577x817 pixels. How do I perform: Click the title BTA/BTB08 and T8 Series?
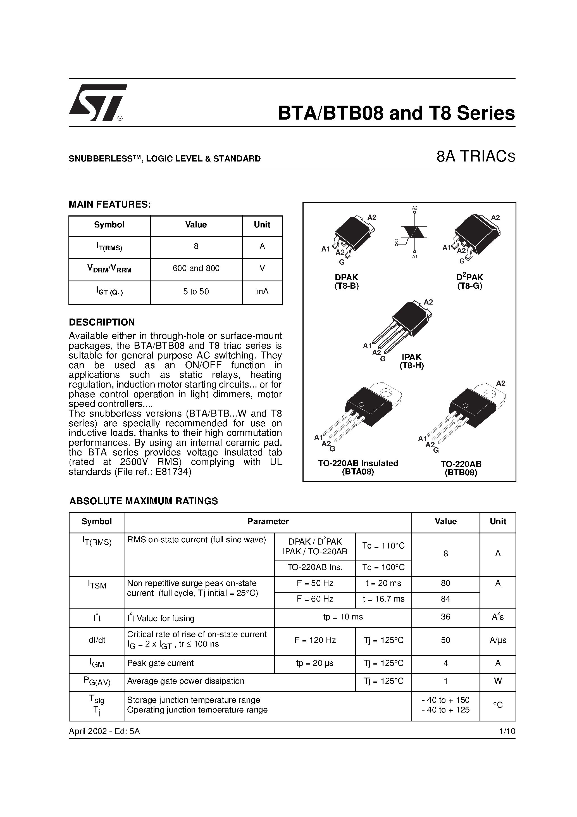click(x=396, y=113)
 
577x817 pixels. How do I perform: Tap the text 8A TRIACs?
click(x=475, y=157)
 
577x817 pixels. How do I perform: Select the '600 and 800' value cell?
click(x=196, y=269)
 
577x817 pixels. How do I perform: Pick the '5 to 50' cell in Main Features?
click(x=196, y=292)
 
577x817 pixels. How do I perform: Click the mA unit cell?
click(x=262, y=292)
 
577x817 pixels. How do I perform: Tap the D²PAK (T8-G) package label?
click(x=469, y=281)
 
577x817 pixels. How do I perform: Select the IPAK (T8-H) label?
click(x=412, y=361)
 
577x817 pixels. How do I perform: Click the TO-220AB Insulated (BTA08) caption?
click(x=358, y=467)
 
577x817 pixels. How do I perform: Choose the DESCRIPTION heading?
click(x=102, y=322)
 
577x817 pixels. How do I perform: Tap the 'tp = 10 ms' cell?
click(x=343, y=617)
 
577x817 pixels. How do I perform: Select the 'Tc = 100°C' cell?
click(x=383, y=567)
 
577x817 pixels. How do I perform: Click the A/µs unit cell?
click(x=498, y=640)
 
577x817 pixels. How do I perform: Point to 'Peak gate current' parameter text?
click(x=160, y=663)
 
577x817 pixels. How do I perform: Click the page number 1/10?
click(x=507, y=731)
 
